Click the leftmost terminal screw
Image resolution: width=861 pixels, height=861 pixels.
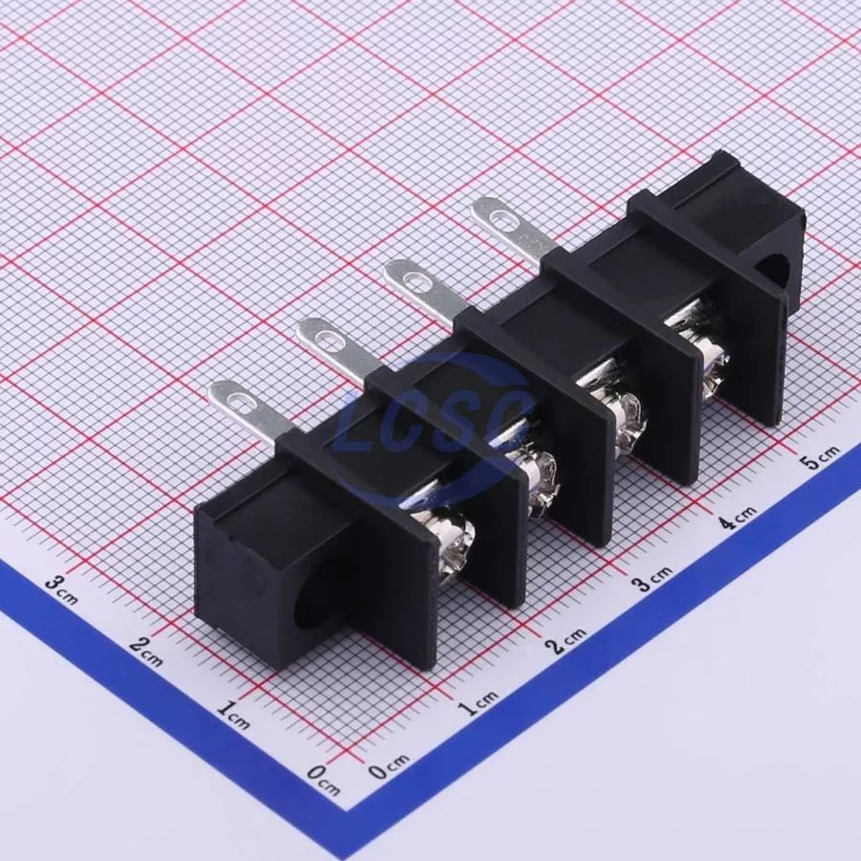point(454,543)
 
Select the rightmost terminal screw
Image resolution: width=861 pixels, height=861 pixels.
point(713,364)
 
